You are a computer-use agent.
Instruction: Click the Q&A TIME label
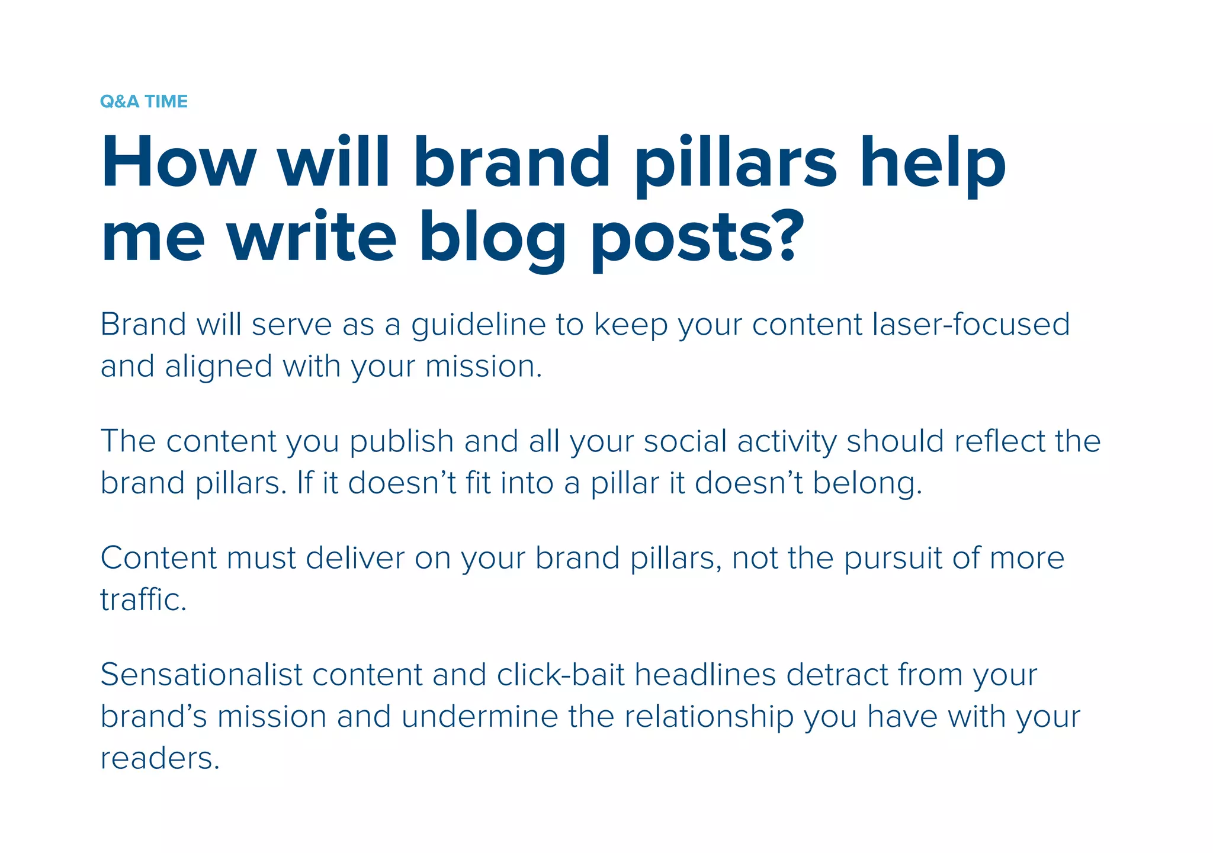[x=144, y=101]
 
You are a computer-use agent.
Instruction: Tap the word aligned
[x=219, y=367]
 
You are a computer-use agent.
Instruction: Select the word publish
[x=402, y=442]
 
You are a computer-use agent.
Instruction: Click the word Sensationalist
[x=201, y=675]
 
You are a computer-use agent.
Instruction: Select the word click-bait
[x=560, y=675]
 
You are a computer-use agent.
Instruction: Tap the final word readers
[x=159, y=759]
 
